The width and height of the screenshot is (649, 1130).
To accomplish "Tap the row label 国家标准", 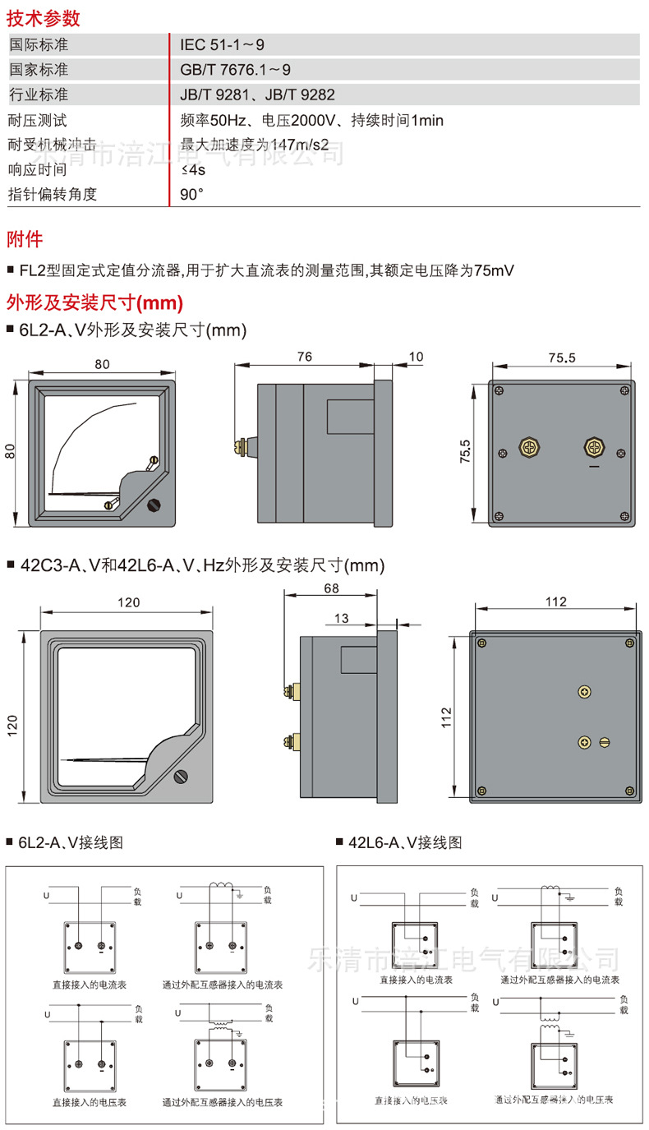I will pos(38,70).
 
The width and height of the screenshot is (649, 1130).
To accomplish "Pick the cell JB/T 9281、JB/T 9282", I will pos(257,95).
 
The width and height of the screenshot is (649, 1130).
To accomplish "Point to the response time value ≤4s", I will pos(192,170).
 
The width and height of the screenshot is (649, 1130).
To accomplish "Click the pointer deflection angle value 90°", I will pos(191,195).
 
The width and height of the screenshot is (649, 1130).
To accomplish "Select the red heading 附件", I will pos(25,240).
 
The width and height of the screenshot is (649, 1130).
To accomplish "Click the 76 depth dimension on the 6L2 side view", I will pos(303,357).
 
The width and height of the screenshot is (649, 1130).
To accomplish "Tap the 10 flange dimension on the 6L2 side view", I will pos(415,357).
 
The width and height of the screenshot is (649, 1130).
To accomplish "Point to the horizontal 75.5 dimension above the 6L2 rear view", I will pos(560,357).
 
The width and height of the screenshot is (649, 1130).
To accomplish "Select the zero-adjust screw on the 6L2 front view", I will pos(154,506).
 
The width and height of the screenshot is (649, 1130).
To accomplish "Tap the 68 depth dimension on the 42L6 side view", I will pos(331,588).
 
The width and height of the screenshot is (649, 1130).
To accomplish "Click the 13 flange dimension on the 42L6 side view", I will pos(343,618).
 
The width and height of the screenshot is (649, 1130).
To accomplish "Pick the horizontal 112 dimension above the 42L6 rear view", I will pos(556,602).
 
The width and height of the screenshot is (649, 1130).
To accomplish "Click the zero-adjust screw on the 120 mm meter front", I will pos(182,777).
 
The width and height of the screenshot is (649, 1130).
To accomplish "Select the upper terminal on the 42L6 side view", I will pos(289,689).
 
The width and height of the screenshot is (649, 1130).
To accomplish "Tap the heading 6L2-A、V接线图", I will pos(71,842).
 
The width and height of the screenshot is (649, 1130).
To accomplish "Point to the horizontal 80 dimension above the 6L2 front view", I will pos(101,364).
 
